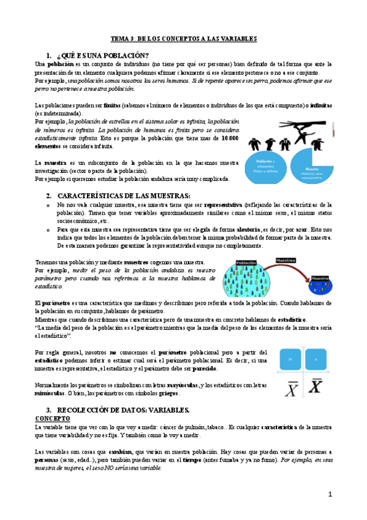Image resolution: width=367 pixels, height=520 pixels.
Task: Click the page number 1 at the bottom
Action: click(x=329, y=494)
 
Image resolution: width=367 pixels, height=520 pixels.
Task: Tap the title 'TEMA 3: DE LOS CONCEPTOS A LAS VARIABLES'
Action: click(x=183, y=39)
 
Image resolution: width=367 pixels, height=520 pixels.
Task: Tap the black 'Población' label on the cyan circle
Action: click(x=246, y=263)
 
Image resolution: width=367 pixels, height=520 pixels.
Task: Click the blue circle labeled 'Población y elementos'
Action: click(x=265, y=166)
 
